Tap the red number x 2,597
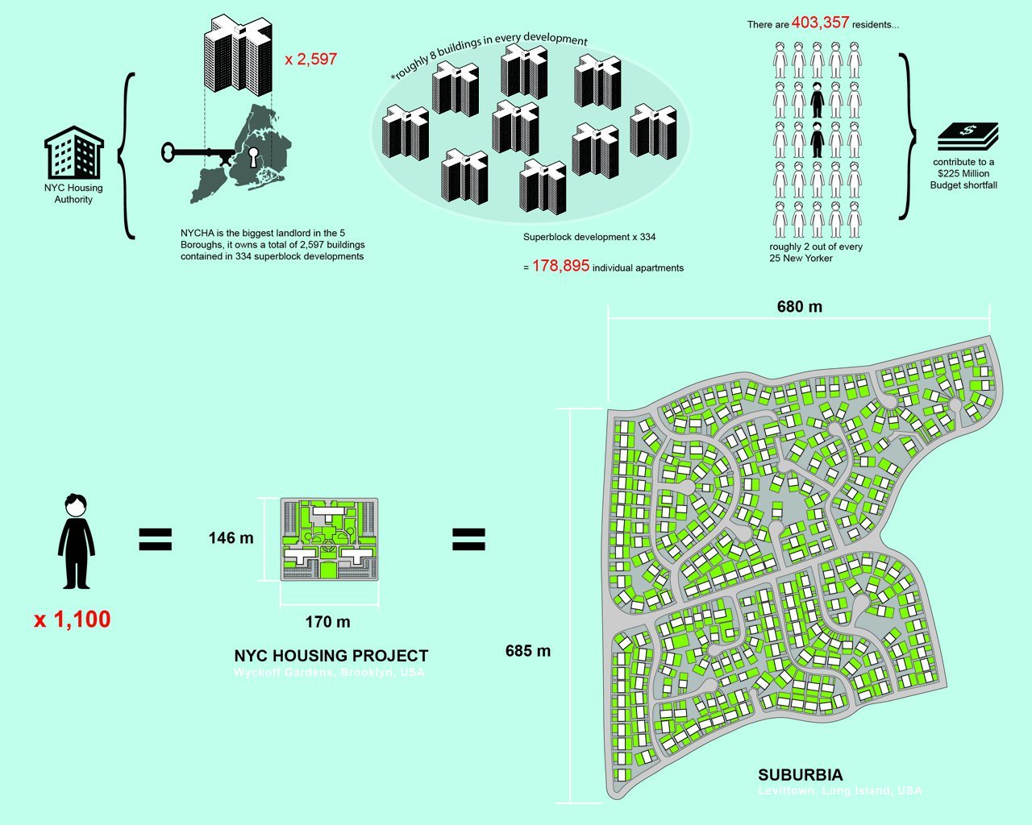tap(310, 60)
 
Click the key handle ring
tap(168, 151)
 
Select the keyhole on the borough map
tap(255, 156)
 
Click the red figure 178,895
tap(560, 266)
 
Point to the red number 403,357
tap(820, 23)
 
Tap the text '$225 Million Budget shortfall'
tap(963, 179)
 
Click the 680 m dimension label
tap(799, 307)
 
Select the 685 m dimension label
tap(528, 651)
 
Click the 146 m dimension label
tap(231, 538)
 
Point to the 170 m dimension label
tap(327, 622)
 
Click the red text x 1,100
tap(72, 620)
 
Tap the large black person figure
tap(76, 541)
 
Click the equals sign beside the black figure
tap(156, 539)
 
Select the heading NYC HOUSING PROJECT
tap(331, 656)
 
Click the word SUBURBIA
tap(800, 775)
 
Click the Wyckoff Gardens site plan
tap(329, 539)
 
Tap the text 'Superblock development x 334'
tap(589, 237)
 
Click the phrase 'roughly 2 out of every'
tap(815, 247)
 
